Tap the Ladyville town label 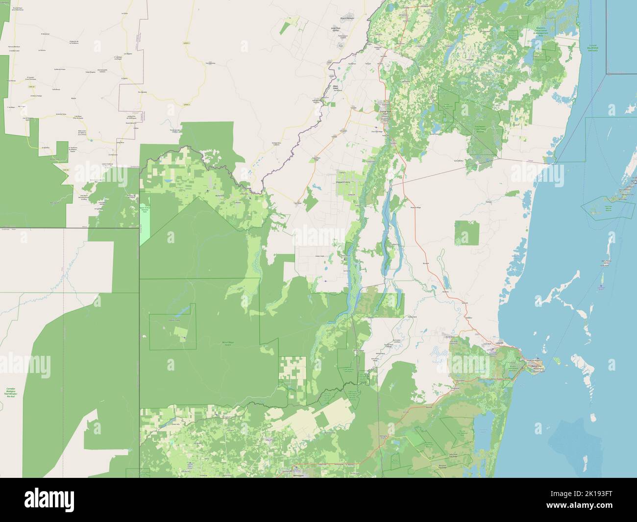coord(499,343)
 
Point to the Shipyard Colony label coord(343,182)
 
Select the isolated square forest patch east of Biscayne coord(466,233)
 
